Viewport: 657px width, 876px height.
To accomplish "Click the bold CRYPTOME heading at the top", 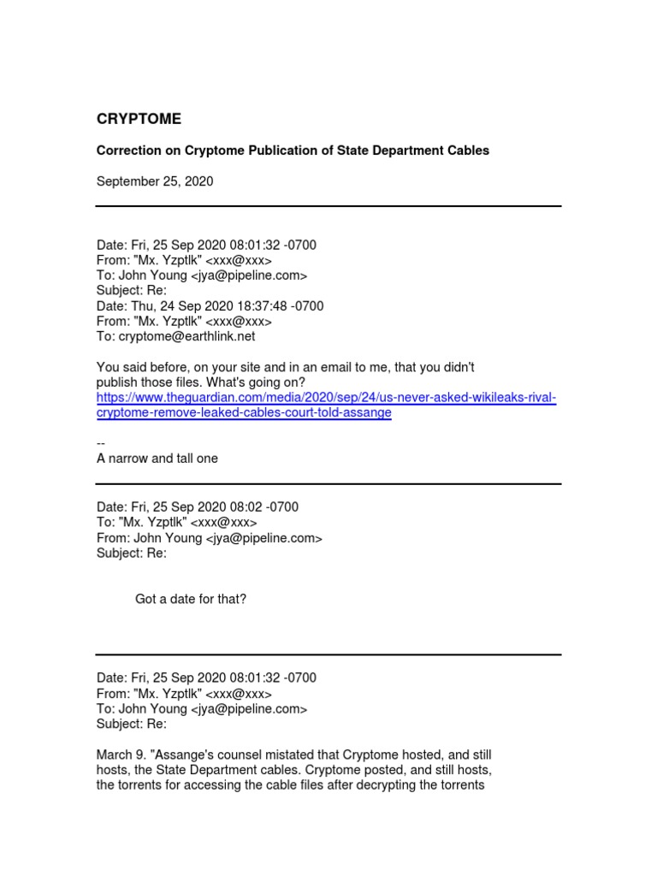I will (139, 119).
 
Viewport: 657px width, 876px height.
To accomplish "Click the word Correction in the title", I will (128, 151).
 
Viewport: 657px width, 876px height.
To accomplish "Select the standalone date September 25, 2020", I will (155, 181).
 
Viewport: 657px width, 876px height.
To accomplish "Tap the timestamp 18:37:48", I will (266, 305).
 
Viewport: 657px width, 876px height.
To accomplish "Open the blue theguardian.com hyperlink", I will (326, 405).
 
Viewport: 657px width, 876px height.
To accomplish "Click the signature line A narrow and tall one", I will (157, 459).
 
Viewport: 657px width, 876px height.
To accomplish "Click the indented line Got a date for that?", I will (191, 599).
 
